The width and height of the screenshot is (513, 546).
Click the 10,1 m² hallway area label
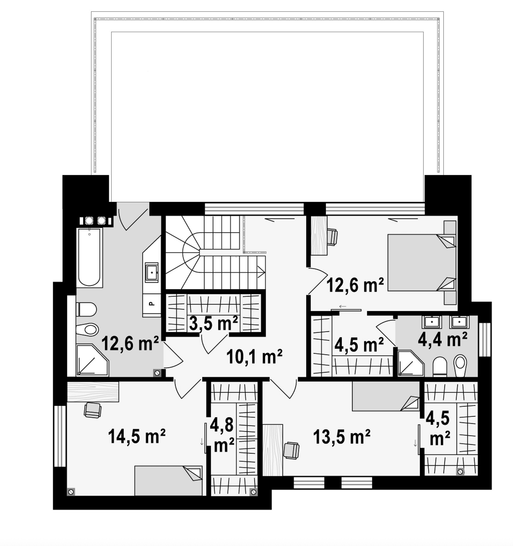point(254,357)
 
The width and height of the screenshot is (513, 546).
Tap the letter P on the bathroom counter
point(151,303)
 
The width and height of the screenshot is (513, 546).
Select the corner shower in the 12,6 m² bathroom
point(93,360)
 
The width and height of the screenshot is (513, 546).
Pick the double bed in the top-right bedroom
point(422,262)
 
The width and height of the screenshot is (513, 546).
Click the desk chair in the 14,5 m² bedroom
point(93,410)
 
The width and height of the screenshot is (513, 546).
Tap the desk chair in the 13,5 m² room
point(291,451)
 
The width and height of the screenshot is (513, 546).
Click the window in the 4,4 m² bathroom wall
point(484,340)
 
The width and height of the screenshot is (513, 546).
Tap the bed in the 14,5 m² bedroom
point(168,481)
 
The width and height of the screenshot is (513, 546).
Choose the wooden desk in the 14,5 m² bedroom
point(93,392)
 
